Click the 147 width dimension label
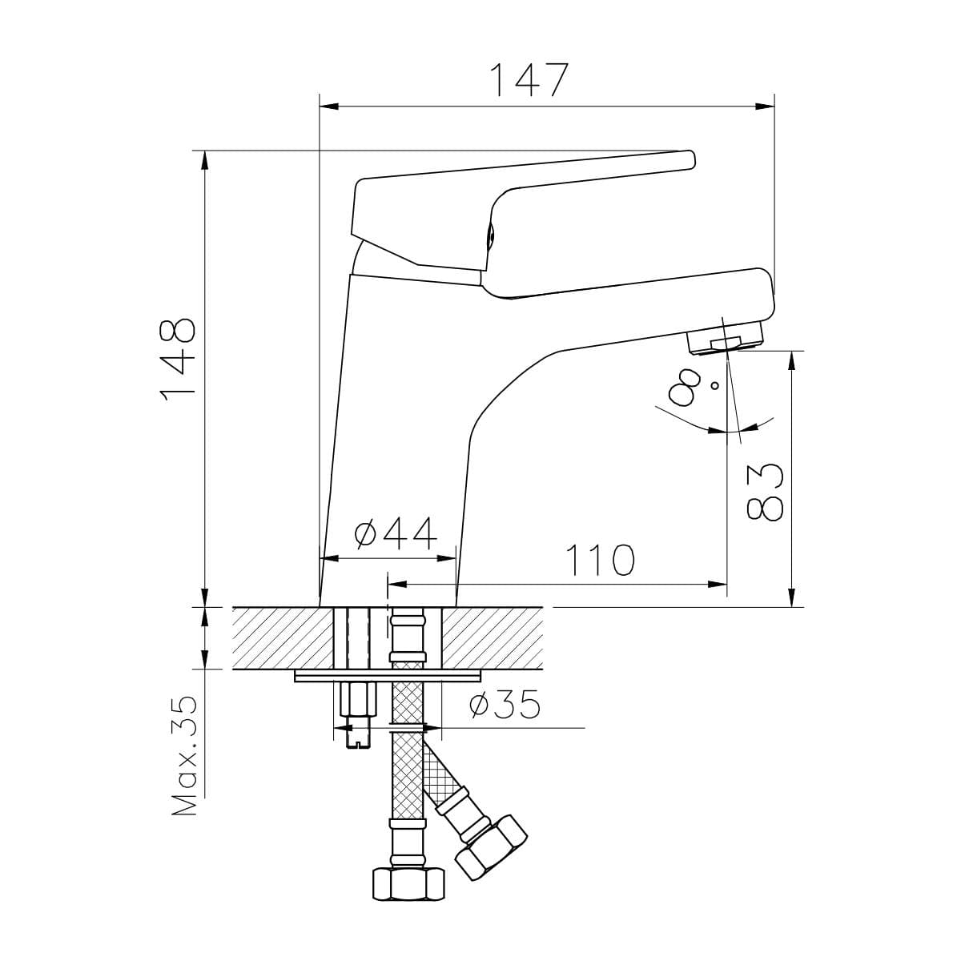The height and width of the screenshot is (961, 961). [x=529, y=80]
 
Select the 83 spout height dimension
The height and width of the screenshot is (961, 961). [x=765, y=493]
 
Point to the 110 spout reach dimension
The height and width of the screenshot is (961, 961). [x=600, y=560]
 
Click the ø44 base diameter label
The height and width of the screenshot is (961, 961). [x=396, y=533]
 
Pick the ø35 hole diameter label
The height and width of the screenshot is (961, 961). [x=505, y=704]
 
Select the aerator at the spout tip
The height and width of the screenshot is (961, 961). [x=726, y=338]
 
